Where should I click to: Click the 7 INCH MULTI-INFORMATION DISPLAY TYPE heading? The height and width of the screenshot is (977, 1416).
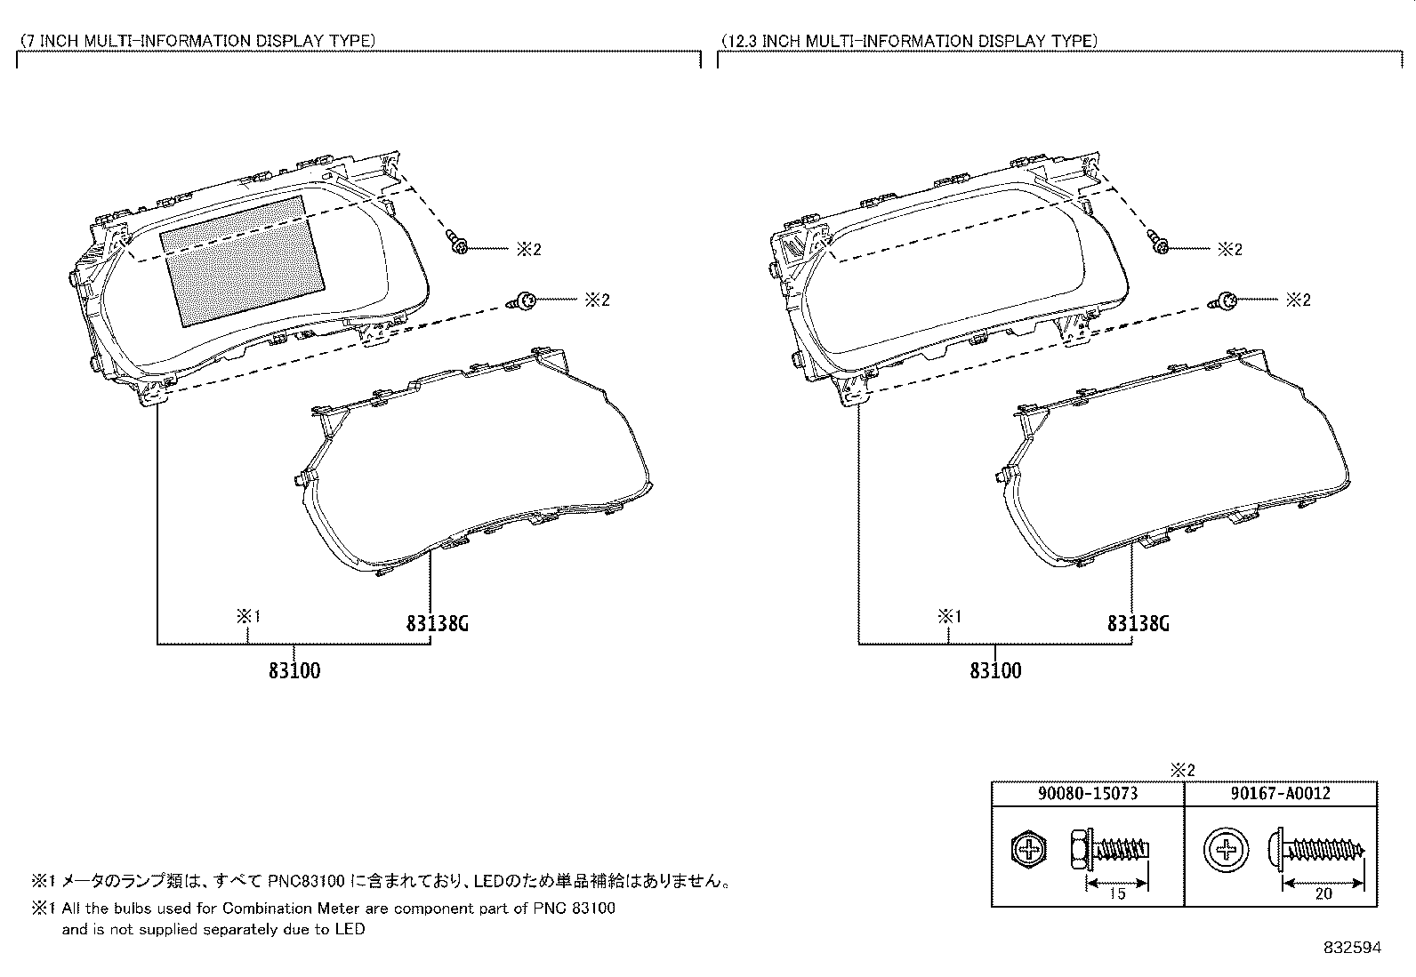point(197,41)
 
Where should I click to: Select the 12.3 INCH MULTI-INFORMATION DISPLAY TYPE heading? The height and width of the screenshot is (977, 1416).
point(910,41)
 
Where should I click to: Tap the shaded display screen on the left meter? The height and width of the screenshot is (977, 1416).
point(242,261)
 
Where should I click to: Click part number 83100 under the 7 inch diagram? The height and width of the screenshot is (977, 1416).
point(294,670)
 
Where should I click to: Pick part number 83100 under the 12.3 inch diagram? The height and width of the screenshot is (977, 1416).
point(995,670)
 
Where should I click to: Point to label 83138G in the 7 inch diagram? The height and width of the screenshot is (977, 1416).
point(438,624)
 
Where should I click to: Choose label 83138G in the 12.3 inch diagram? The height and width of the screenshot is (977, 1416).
point(1138,624)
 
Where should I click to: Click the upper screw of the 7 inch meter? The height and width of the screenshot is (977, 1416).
point(458,242)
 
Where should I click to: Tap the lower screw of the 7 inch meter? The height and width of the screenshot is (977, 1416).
point(523,301)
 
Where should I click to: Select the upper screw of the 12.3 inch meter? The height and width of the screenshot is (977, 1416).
point(1158,242)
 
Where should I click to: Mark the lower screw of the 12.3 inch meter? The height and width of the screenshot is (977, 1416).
point(1223,301)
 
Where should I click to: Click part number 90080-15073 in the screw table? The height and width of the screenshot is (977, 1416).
point(1088,794)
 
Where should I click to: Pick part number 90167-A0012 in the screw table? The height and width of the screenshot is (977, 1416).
point(1281,794)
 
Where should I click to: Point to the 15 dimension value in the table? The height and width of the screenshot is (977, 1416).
point(1117,893)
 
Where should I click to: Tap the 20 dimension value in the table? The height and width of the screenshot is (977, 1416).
point(1323,893)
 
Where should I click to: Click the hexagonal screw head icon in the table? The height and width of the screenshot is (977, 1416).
point(1029,849)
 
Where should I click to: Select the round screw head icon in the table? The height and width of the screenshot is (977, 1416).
point(1226,849)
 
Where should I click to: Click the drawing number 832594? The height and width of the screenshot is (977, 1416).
point(1353,948)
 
